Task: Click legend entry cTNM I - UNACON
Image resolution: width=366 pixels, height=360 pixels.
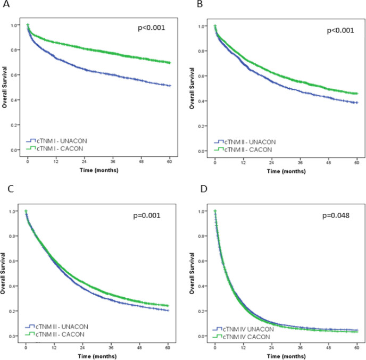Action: click(x=57, y=141)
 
